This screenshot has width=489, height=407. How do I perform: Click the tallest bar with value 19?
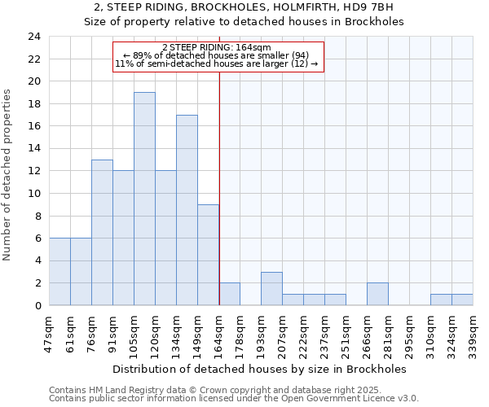click(144, 199)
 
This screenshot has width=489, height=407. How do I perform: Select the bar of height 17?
click(187, 210)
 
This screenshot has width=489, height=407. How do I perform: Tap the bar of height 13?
click(102, 233)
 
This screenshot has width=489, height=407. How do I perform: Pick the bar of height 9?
click(208, 255)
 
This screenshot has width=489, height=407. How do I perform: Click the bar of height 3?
click(271, 288)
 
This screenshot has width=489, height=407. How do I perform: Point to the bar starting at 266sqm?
click(377, 294)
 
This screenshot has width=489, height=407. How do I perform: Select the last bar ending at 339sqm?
click(462, 300)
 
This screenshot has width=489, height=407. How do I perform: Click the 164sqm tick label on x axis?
click(218, 332)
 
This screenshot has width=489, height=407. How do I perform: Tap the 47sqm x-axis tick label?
click(49, 330)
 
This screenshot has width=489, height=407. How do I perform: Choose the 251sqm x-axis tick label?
click(346, 332)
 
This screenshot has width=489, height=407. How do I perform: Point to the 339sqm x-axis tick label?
click(473, 332)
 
